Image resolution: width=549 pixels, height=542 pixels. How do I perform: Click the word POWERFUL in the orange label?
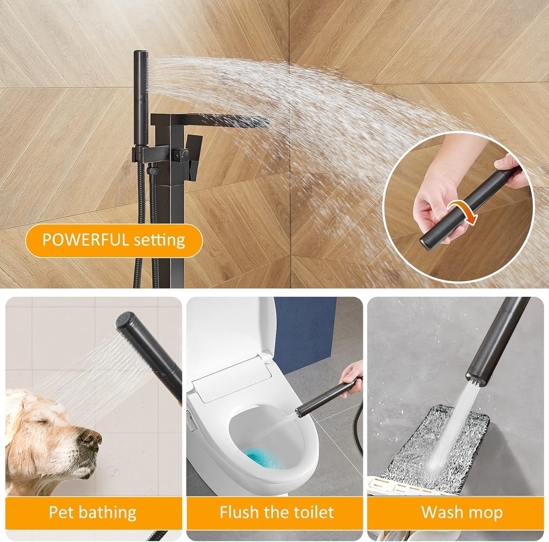[x=85, y=240]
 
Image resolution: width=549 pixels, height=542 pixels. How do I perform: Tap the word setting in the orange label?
[x=159, y=240]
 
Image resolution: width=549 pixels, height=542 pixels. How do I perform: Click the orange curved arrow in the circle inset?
[x=467, y=211]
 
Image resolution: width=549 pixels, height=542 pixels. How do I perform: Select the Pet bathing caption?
[x=93, y=513]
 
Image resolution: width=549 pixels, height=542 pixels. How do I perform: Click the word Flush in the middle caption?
[x=240, y=512]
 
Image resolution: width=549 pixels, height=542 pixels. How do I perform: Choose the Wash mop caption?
[x=462, y=513]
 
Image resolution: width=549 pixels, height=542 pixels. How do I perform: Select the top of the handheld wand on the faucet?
[x=141, y=53]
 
